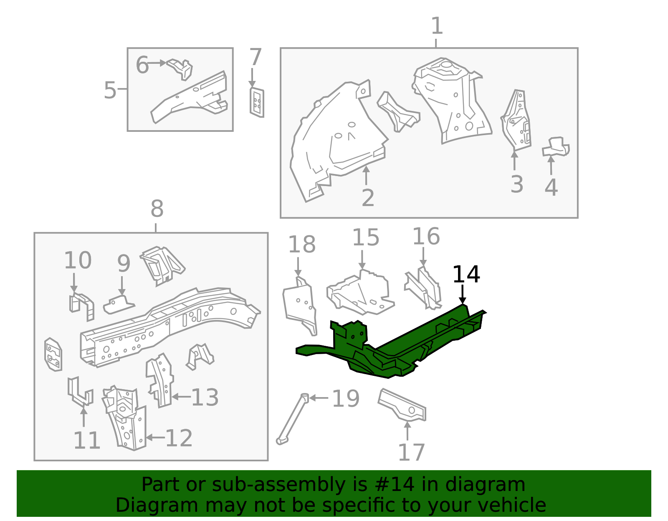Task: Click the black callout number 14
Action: click(x=466, y=274)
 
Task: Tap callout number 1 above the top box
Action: click(x=436, y=26)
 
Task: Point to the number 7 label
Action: click(x=255, y=58)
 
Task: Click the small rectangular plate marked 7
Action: click(x=257, y=102)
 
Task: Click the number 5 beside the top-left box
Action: click(x=110, y=90)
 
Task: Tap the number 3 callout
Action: click(x=516, y=184)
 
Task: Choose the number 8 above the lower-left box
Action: click(x=157, y=209)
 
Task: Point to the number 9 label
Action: click(x=124, y=264)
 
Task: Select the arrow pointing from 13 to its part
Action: click(x=181, y=397)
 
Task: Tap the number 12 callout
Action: click(x=179, y=438)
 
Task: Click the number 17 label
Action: click(x=411, y=453)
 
